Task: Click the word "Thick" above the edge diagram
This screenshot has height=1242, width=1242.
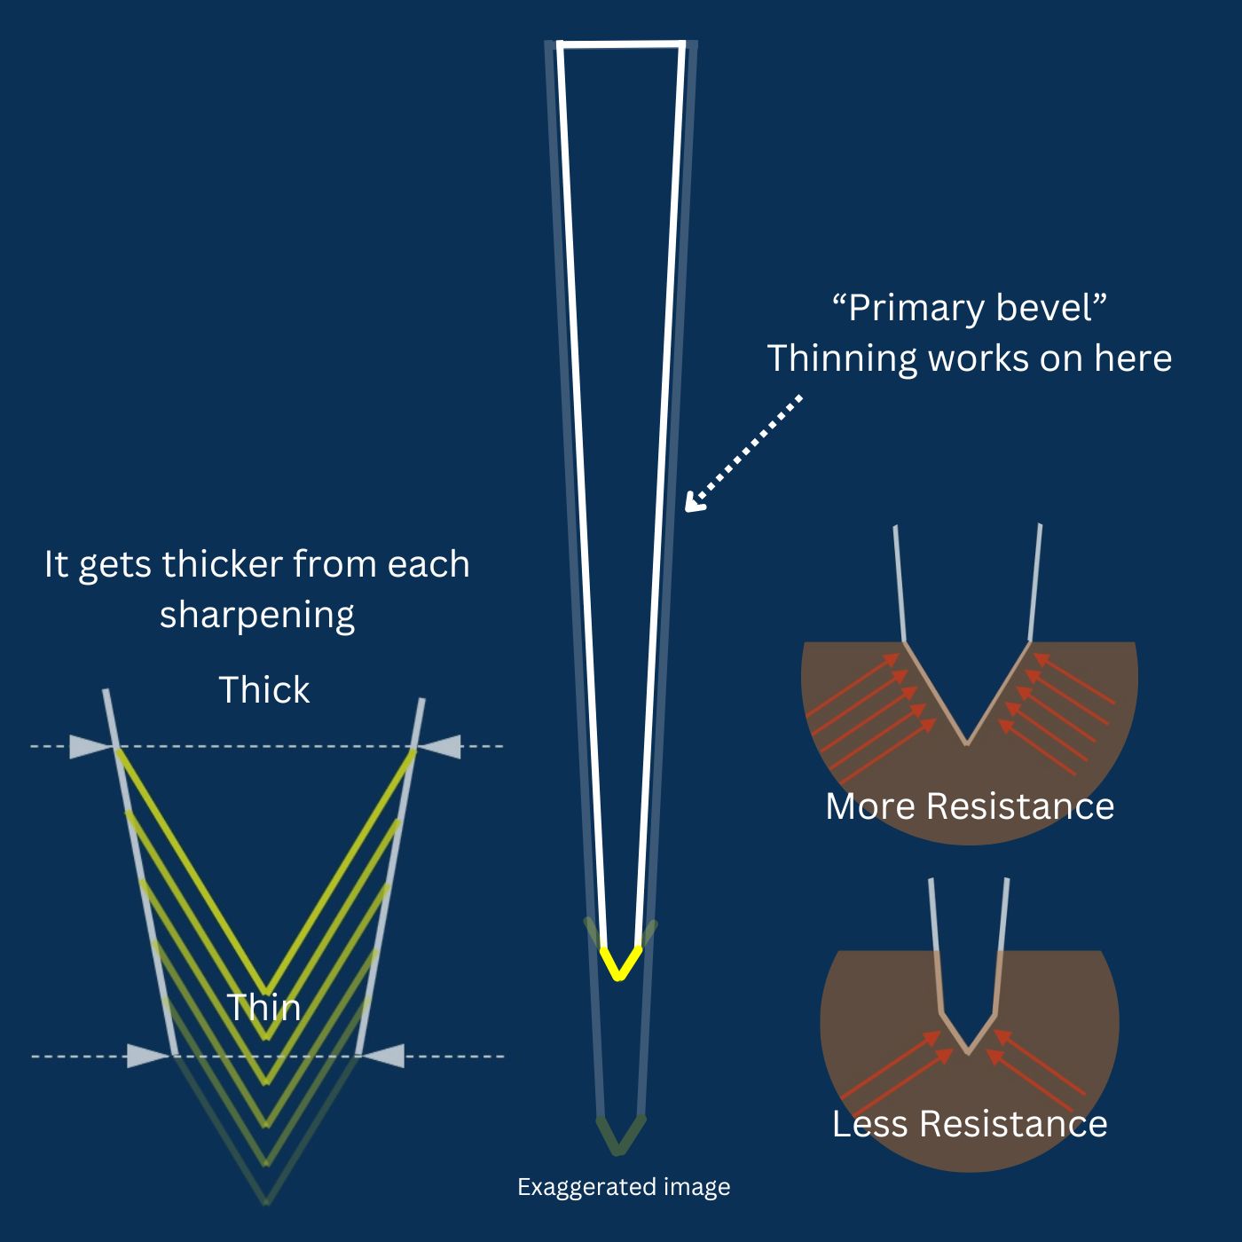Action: coord(264,690)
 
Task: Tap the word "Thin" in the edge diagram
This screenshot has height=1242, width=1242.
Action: coord(263,1008)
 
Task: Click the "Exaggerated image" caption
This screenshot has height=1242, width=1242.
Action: coord(624,1187)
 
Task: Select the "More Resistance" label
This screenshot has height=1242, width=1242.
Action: coord(970,806)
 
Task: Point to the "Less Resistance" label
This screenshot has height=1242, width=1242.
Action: coord(970,1124)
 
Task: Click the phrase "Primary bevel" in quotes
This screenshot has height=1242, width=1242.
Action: coord(970,308)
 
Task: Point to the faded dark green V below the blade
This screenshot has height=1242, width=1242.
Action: coord(620,1136)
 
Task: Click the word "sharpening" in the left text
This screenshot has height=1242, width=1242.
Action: coord(257,615)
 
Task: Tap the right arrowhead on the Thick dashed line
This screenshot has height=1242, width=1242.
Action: coord(442,747)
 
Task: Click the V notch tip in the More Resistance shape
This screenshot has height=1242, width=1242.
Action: coord(967,743)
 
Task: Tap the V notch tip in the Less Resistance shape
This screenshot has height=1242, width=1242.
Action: coord(968,1051)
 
